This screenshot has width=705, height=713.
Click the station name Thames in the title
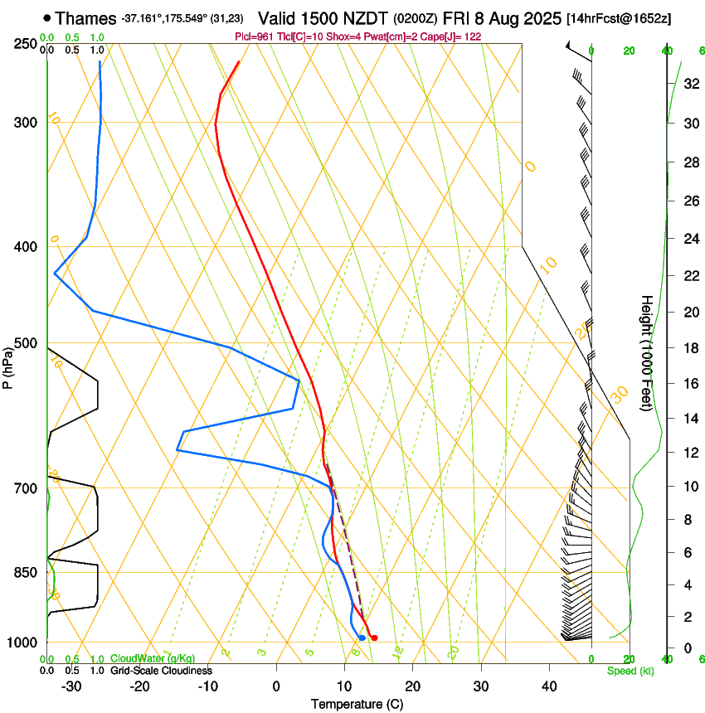click(x=86, y=17)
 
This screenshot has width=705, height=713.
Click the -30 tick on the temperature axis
click(x=71, y=686)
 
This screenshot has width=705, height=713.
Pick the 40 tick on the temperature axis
click(x=548, y=686)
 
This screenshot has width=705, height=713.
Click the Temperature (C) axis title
click(x=357, y=704)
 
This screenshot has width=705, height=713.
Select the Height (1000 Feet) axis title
click(x=648, y=352)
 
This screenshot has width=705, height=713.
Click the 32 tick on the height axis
click(x=691, y=83)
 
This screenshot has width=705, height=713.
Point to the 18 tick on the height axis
click(x=691, y=347)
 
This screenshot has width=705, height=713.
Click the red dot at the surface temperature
click(x=375, y=638)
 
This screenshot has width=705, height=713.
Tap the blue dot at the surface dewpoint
click(x=362, y=638)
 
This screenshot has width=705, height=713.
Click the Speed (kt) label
click(x=629, y=671)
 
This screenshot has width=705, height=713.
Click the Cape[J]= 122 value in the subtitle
click(x=455, y=36)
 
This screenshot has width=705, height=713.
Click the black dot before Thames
click(x=46, y=17)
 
